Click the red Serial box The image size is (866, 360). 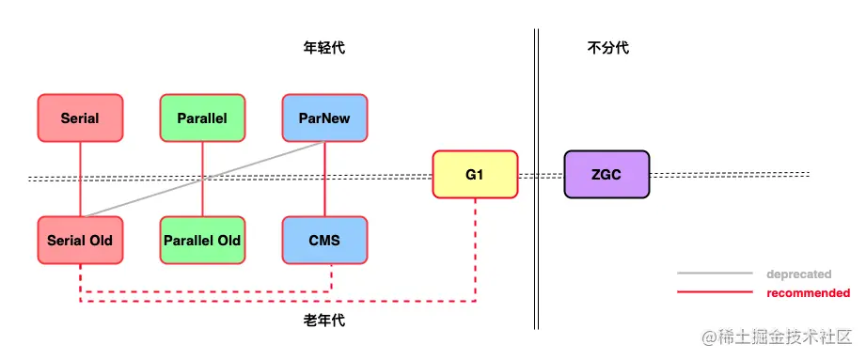80,118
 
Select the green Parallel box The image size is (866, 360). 202,118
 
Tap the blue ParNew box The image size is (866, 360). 324,118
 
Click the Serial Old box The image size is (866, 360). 80,240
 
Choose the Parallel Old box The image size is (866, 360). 202,240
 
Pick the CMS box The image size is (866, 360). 324,240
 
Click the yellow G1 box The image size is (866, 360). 475,174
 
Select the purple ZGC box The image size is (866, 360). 606,174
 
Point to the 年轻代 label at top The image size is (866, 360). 324,47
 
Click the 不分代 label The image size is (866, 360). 606,47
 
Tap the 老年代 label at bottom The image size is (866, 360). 324,321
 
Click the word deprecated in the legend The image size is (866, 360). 798,274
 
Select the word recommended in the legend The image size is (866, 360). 808,293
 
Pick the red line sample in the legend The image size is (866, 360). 715,293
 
